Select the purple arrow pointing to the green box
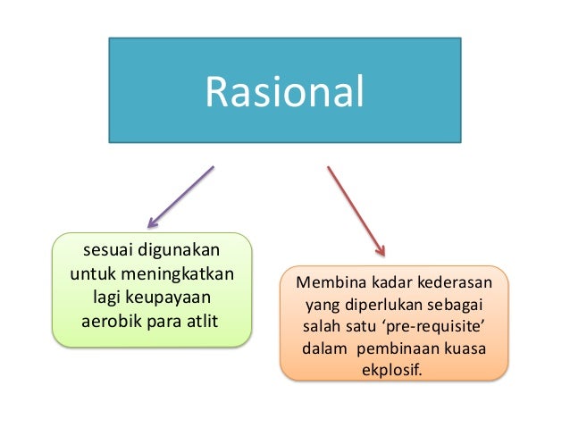pyautogui.click(x=181, y=196)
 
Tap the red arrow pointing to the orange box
pyautogui.click(x=356, y=210)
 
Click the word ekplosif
pyautogui.click(x=395, y=369)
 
